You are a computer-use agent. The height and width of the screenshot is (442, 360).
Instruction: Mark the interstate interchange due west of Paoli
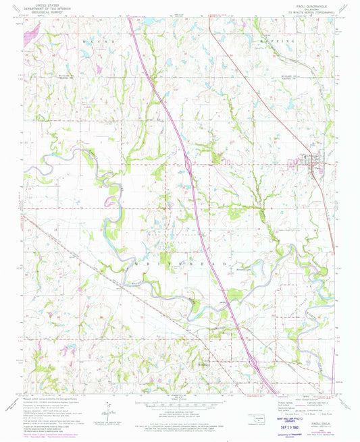[x=188, y=162]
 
